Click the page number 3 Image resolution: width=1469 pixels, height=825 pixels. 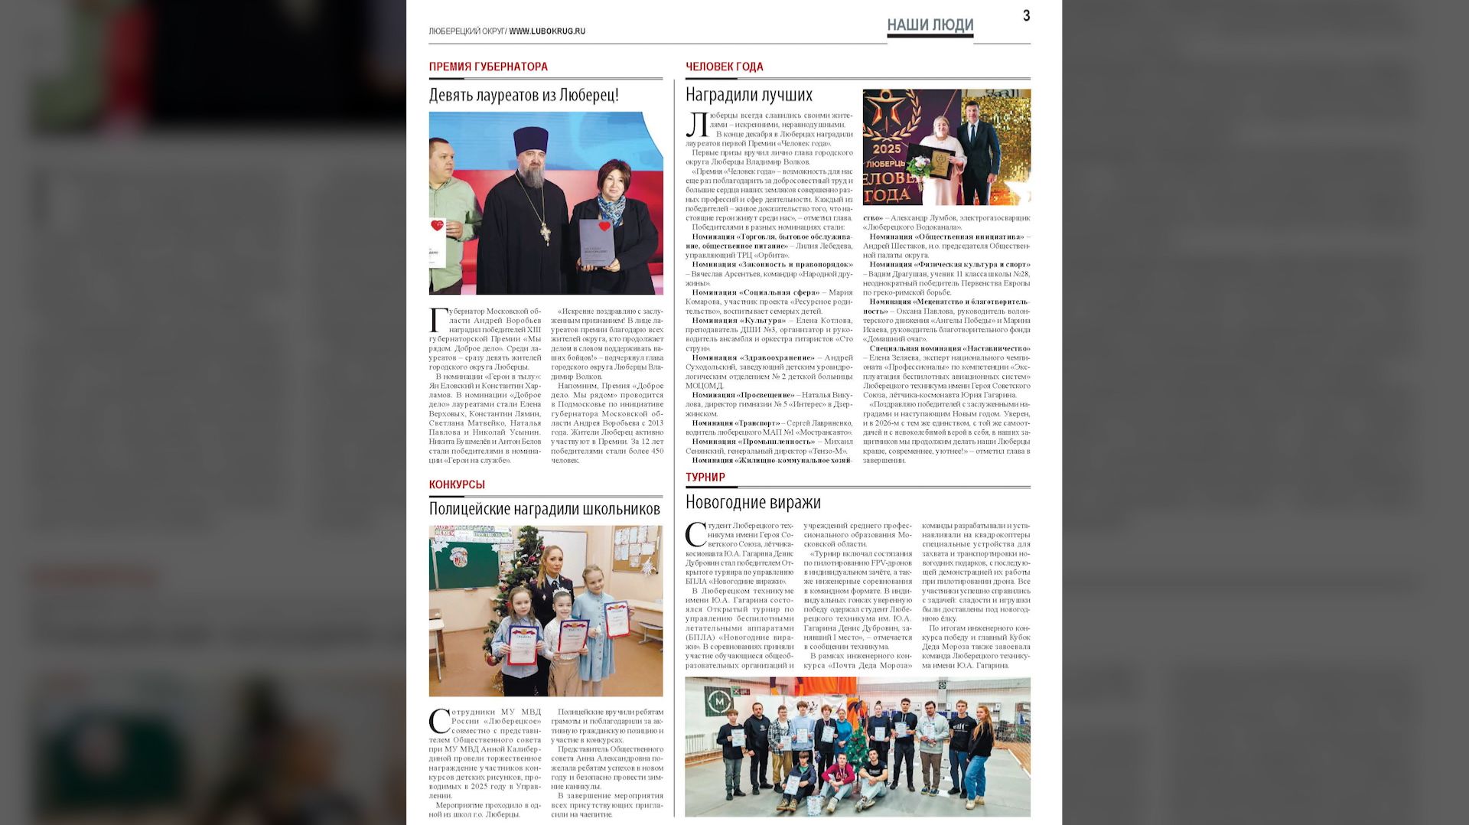(1026, 16)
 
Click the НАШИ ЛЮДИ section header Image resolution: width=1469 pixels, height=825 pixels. (930, 25)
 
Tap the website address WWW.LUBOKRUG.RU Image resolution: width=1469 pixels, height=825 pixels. (547, 31)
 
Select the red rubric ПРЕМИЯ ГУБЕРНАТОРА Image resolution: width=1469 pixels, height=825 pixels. (488, 67)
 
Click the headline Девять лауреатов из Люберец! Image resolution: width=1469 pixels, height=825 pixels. (523, 95)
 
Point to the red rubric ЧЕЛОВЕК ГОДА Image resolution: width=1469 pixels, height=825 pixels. (724, 67)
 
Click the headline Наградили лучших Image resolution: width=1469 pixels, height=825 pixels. (748, 95)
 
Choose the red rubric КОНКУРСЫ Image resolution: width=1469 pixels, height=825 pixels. (457, 484)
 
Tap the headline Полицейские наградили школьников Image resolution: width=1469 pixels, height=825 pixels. (544, 509)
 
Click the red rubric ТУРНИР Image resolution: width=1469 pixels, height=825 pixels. (705, 478)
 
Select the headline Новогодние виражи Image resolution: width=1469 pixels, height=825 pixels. (753, 502)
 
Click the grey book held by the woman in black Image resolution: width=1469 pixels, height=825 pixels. (597, 243)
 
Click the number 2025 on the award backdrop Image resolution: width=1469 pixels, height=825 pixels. (887, 148)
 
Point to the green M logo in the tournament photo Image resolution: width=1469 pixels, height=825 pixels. (718, 701)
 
